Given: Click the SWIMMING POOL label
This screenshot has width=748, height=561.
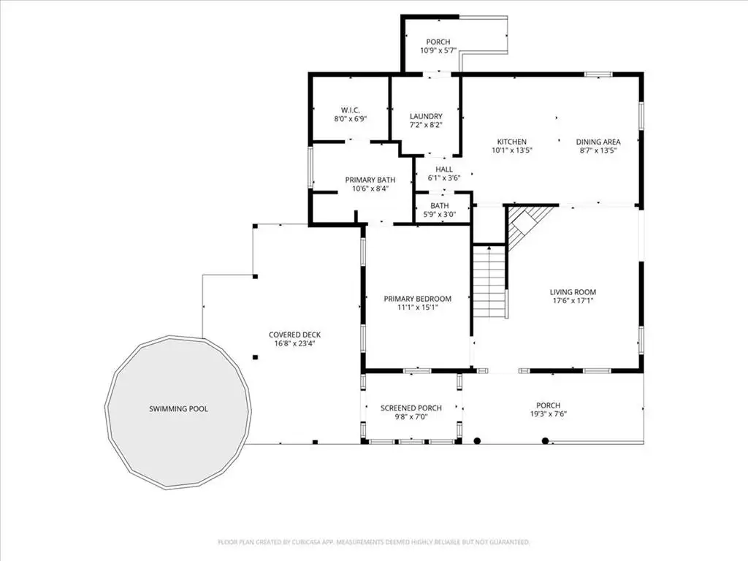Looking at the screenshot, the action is click(x=178, y=409).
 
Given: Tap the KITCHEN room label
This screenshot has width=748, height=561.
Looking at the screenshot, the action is click(x=512, y=142).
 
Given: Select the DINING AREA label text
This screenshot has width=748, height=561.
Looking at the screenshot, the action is click(x=598, y=142).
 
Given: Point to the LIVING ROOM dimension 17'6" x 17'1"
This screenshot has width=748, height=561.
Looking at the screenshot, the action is click(x=573, y=300).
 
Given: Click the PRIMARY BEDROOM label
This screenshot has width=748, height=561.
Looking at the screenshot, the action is click(x=417, y=299).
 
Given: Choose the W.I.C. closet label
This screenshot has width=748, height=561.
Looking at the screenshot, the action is click(x=350, y=110).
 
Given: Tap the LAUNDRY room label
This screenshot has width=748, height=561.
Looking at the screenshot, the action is click(x=426, y=116).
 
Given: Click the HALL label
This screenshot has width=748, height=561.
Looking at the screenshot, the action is click(x=444, y=169).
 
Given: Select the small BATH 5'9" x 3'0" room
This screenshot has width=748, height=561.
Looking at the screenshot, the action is click(x=439, y=210).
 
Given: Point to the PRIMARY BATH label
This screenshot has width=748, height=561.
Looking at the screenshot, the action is click(x=370, y=180).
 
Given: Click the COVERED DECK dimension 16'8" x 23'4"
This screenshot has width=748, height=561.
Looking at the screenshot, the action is click(x=295, y=343).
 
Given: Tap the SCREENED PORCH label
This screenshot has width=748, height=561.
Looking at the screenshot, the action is click(x=411, y=408).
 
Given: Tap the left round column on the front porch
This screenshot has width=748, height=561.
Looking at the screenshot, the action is click(x=477, y=440).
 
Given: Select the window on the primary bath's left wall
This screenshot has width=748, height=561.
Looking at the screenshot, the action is click(x=310, y=167).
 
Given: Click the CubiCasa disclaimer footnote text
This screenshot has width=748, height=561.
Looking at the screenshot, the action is click(x=373, y=543).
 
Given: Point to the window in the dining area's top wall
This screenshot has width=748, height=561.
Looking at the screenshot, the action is click(x=598, y=75).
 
